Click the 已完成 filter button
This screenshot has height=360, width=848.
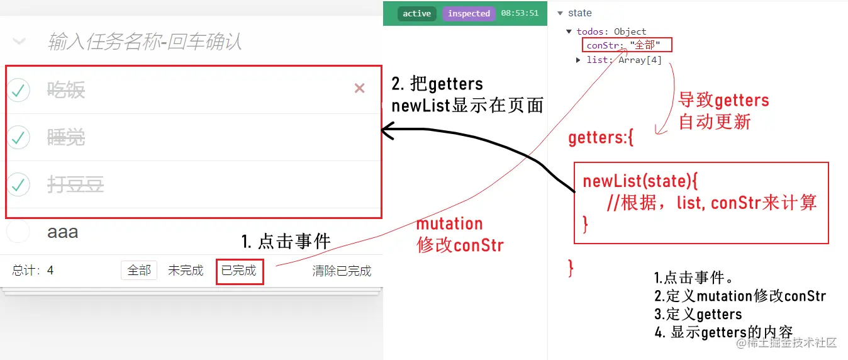point(239,271)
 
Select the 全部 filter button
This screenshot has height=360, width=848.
point(139,271)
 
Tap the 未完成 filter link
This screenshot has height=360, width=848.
point(186,271)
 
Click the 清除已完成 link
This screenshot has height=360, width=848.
point(342,271)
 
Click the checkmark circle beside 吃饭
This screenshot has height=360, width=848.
point(19,90)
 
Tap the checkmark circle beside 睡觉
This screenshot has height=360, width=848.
point(19,137)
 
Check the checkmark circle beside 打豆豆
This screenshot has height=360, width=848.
point(19,184)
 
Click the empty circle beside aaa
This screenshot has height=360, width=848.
point(18,232)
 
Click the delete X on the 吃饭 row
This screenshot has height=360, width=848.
point(360,89)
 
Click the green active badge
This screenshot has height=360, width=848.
point(416,13)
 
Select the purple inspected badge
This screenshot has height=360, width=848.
point(469,13)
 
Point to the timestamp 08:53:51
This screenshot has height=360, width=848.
point(520,13)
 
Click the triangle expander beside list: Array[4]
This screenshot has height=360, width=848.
point(578,60)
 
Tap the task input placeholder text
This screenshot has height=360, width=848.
point(145,42)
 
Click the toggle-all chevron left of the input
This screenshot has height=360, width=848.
point(20,42)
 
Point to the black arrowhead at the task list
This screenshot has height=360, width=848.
point(387,131)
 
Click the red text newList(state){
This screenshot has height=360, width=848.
point(640,181)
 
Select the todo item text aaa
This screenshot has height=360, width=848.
point(63,232)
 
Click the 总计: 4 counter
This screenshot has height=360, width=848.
point(33,271)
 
